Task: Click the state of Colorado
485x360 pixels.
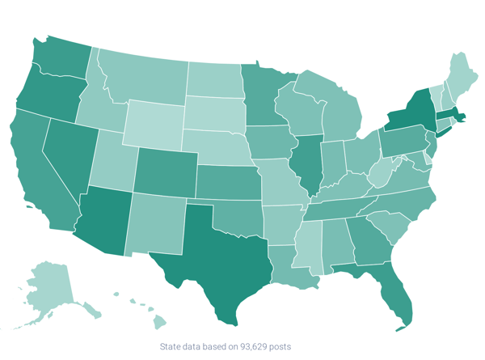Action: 166,170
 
